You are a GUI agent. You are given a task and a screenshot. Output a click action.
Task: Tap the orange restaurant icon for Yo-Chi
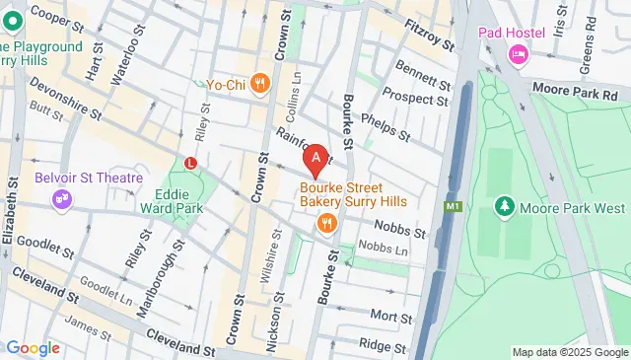pyautogui.click(x=260, y=84)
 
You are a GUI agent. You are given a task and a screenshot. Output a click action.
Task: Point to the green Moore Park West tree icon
pyautogui.click(x=504, y=206)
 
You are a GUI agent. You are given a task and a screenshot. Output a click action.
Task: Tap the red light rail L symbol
pyautogui.click(x=190, y=162)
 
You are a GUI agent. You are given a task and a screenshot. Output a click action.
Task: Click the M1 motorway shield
pyautogui.click(x=454, y=207)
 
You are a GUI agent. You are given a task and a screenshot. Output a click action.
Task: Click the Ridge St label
pyautogui.click(x=376, y=344)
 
